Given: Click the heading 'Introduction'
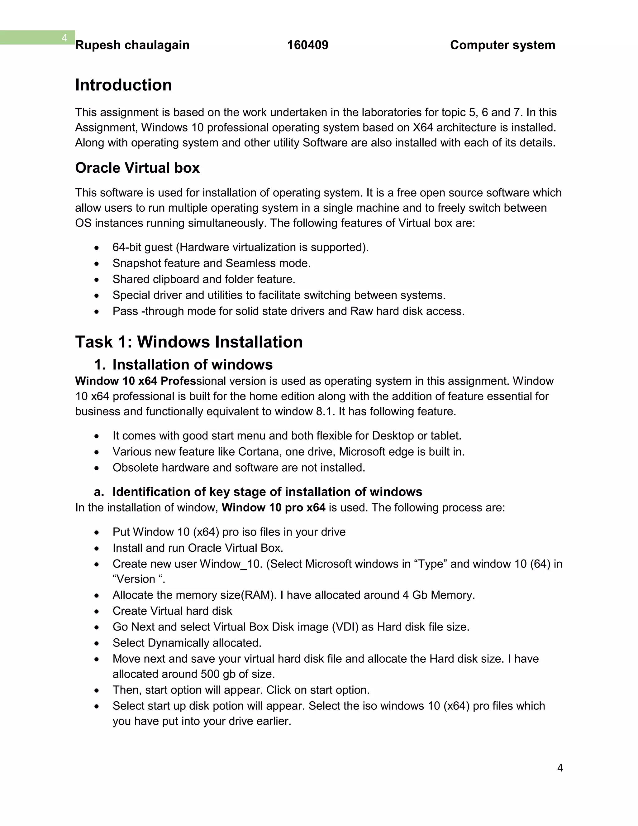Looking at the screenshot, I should [x=123, y=85].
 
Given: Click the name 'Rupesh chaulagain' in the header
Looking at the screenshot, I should [x=132, y=45].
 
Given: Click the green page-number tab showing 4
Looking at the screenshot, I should [x=64, y=38].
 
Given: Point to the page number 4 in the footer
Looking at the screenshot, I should [x=560, y=768].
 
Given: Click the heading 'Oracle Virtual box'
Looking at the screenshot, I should [x=137, y=168].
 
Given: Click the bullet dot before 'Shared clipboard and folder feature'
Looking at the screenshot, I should [x=97, y=280].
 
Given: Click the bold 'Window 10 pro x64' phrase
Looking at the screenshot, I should [x=273, y=507].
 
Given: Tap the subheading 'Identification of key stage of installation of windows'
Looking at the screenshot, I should [x=267, y=492].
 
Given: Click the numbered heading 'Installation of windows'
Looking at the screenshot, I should [x=193, y=365].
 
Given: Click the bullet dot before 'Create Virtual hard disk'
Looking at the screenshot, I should [x=97, y=612].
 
